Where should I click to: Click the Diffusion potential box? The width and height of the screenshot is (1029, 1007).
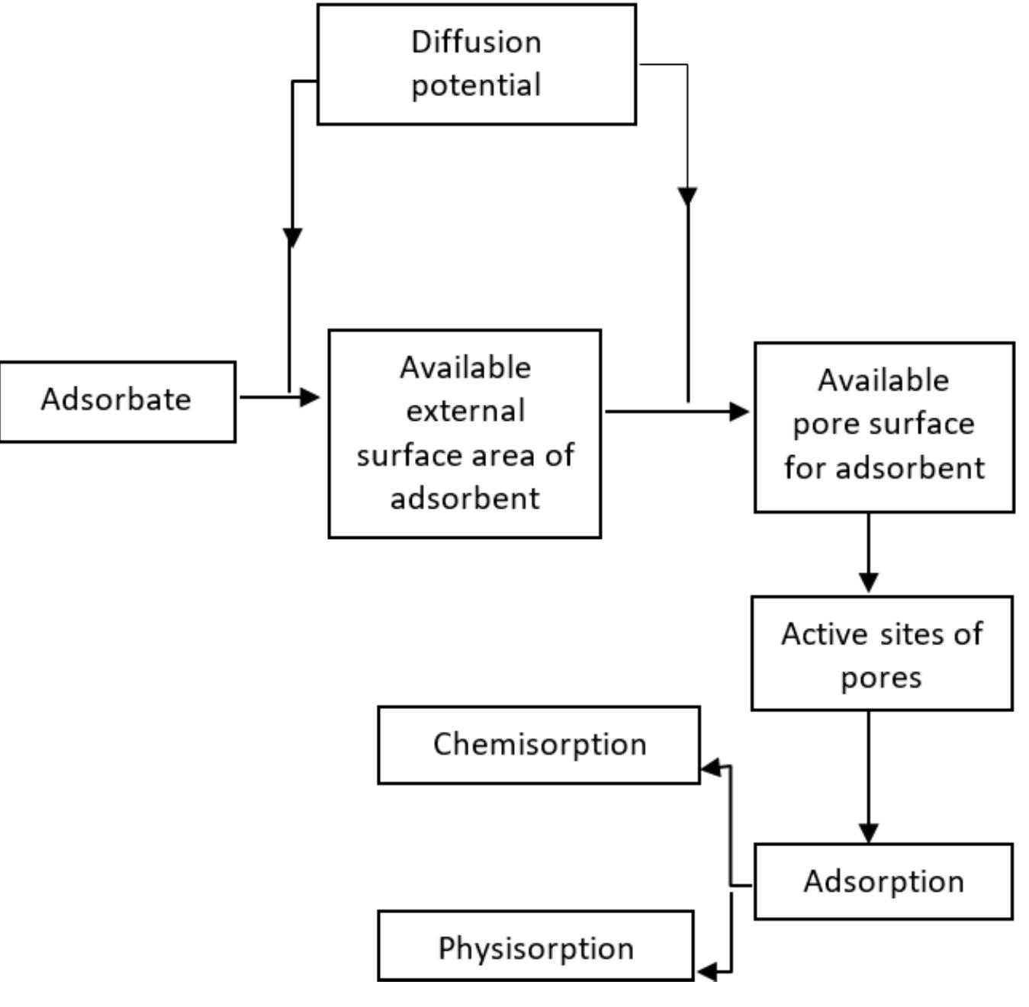476,64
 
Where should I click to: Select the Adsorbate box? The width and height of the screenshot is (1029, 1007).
117,401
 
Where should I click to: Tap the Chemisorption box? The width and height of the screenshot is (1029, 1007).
539,745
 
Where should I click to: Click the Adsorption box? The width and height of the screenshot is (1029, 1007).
883,881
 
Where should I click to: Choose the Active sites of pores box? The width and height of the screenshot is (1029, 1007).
882,653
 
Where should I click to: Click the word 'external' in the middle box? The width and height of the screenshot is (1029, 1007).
465,411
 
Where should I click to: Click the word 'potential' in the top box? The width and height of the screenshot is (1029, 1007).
476,85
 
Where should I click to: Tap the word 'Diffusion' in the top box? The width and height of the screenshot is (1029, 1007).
476,42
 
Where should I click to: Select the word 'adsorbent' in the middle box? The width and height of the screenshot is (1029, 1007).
465,499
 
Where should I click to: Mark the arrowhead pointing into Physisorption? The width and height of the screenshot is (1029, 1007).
707,971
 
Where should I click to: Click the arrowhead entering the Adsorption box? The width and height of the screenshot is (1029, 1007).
868,832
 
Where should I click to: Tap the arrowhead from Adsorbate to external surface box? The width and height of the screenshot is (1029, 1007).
309,396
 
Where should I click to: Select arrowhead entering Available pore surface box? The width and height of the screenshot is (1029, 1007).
738,412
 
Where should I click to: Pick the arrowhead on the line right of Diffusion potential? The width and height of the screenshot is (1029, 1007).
687,197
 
